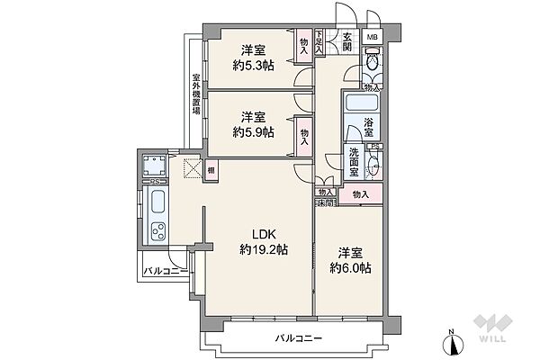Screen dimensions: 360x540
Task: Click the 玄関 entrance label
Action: [347, 42]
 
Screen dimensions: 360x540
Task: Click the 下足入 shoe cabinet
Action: [319, 42]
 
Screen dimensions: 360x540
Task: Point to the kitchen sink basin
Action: [156, 199]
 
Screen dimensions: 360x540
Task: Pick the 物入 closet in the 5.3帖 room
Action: [303, 45]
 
